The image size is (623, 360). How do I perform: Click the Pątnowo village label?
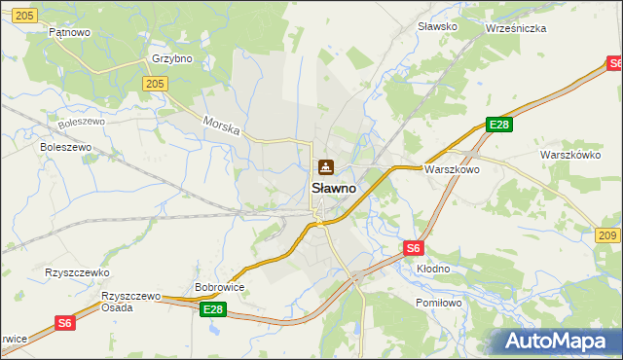click(69, 32)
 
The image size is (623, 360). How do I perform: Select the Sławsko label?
click(437, 26)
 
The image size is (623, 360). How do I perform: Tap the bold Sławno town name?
click(333, 188)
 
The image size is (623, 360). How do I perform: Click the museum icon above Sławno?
click(325, 167)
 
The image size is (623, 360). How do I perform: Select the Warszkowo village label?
click(451, 168)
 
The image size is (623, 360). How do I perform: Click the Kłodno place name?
click(433, 269)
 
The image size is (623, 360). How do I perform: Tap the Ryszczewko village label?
click(77, 273)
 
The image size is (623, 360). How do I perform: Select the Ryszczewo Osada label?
click(130, 301)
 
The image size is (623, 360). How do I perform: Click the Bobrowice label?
click(219, 287)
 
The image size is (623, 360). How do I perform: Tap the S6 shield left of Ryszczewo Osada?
click(64, 323)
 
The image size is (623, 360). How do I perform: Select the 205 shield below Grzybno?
click(154, 85)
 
